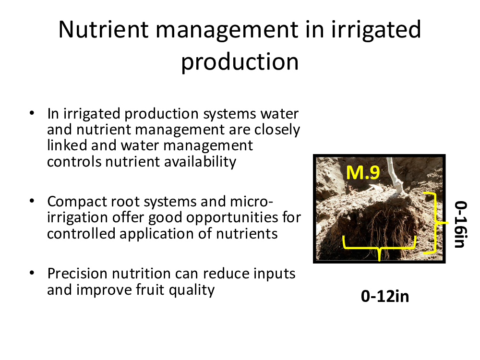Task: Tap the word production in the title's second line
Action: [x=240, y=62]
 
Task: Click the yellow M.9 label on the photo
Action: [x=363, y=172]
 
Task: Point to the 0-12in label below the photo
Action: [x=385, y=296]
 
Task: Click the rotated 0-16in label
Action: [x=461, y=224]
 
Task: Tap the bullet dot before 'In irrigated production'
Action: [x=32, y=113]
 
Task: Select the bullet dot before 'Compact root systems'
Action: [x=32, y=201]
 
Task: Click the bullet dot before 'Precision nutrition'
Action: [x=32, y=273]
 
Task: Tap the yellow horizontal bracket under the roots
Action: [x=379, y=246]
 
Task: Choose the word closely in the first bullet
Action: [x=277, y=130]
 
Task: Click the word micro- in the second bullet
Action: [x=251, y=202]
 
